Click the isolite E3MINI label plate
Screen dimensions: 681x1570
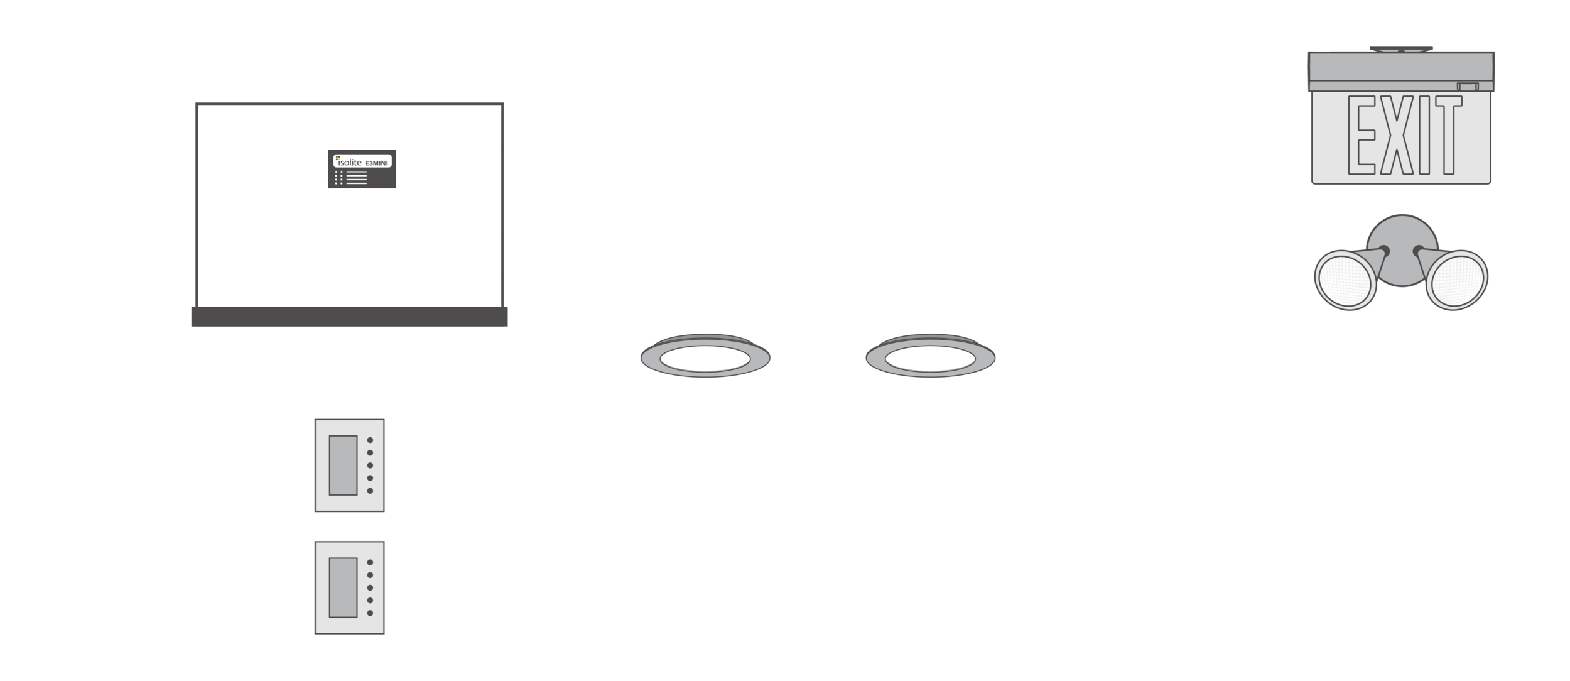point(362,168)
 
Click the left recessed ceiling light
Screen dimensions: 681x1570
point(705,359)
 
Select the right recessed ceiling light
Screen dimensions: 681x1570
point(930,359)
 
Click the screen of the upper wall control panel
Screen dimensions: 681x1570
point(343,465)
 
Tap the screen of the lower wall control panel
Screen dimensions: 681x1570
point(343,587)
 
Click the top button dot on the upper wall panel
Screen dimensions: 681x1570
point(370,440)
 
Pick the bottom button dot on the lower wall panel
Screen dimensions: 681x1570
point(370,613)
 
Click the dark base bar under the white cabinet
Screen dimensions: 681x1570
point(349,317)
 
